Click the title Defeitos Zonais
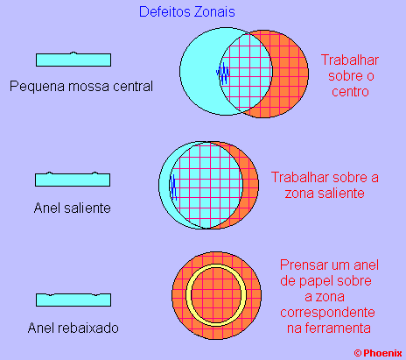point(187,12)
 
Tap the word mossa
point(85,87)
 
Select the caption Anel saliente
point(73,208)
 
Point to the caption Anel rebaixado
point(73,328)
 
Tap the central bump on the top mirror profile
point(73,53)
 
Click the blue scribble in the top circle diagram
point(223,73)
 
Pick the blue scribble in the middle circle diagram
point(173,187)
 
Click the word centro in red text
point(350,92)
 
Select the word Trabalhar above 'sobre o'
point(350,60)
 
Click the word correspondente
point(327,313)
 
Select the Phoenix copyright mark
point(378,353)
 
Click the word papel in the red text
point(316,281)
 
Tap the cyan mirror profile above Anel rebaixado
point(73,300)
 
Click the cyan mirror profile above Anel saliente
point(73,180)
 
